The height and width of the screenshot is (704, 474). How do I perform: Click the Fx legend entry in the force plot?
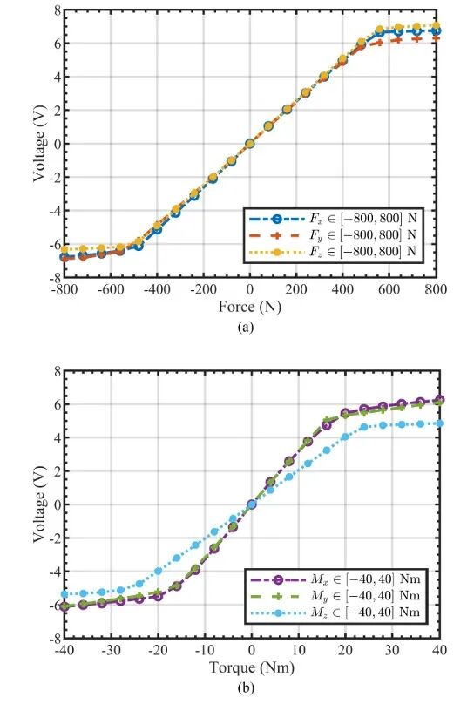pyautogui.click(x=333, y=219)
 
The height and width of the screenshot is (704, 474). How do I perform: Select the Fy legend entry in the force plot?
pyautogui.click(x=333, y=235)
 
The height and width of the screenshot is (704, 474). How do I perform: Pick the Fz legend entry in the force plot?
pyautogui.click(x=333, y=251)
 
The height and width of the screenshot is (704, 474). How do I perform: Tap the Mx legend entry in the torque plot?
pyautogui.click(x=335, y=579)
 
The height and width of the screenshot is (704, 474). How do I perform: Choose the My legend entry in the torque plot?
pyautogui.click(x=335, y=596)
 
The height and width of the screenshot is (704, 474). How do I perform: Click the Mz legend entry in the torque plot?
pyautogui.click(x=335, y=612)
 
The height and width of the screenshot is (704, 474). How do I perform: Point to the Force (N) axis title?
pyautogui.click(x=249, y=307)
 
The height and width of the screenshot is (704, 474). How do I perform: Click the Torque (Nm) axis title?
pyautogui.click(x=252, y=667)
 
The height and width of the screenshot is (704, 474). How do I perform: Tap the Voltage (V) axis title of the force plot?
pyautogui.click(x=39, y=144)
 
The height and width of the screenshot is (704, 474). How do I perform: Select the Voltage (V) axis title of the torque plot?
pyautogui.click(x=39, y=504)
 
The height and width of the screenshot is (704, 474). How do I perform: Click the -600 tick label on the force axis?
pyautogui.click(x=111, y=289)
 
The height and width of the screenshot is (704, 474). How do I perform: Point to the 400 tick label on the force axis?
pyautogui.click(x=342, y=289)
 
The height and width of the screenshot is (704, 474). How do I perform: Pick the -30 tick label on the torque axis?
pyautogui.click(x=111, y=650)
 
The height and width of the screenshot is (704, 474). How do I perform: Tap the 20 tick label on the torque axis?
pyautogui.click(x=346, y=650)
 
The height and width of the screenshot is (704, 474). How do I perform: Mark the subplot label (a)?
pyautogui.click(x=246, y=327)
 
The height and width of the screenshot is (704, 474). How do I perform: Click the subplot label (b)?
pyautogui.click(x=247, y=687)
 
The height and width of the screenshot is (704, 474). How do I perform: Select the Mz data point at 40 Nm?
pyautogui.click(x=439, y=423)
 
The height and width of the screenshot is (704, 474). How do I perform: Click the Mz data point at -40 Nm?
pyautogui.click(x=64, y=594)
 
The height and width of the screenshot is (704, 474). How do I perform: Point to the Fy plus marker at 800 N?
pyautogui.click(x=436, y=38)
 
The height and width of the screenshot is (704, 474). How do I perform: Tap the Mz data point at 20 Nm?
pyautogui.click(x=345, y=437)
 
